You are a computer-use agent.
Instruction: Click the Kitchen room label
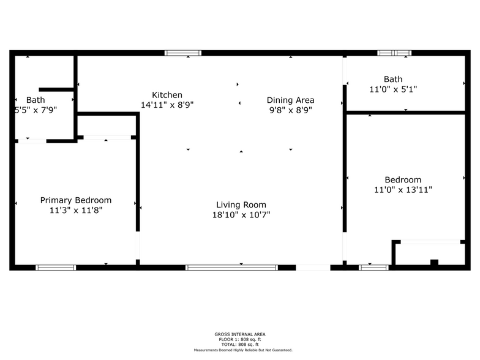point(167,95)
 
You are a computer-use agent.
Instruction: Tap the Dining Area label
point(290,100)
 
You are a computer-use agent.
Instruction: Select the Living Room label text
point(241,204)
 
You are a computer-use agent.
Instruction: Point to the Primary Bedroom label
point(76,200)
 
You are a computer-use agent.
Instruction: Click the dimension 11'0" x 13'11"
point(403,190)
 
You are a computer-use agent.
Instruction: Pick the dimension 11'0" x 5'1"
point(393,89)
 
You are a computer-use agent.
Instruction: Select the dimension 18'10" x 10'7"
point(241,215)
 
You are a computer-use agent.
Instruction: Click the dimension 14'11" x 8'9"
point(167,105)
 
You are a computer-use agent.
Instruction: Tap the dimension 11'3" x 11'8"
point(76,211)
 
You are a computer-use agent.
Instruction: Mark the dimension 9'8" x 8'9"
point(290,110)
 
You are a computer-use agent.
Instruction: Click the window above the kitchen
point(183,53)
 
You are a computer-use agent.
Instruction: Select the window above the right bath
point(394,53)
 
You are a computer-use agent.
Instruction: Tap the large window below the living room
point(231,268)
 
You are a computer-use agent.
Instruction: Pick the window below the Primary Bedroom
point(56,268)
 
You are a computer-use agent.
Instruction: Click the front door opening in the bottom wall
point(313,268)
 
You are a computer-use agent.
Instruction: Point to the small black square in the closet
point(434,262)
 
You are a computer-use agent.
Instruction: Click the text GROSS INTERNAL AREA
point(240,334)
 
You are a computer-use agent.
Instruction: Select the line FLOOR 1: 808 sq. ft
point(240,339)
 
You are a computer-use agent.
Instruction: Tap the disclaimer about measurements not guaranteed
point(243,350)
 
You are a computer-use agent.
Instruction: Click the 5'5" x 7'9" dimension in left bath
point(36,110)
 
